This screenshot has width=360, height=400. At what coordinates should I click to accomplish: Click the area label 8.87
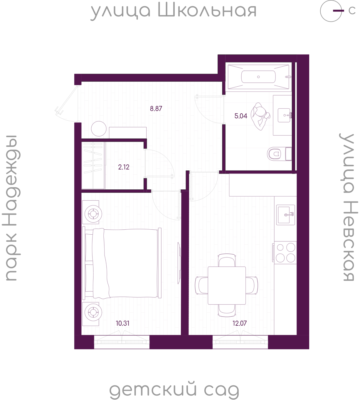pos(156,109)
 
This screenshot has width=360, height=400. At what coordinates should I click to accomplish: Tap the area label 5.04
pos(241,116)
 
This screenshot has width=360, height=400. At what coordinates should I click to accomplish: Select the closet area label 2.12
pos(124,167)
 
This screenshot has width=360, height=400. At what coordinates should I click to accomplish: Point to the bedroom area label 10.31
pos(123,323)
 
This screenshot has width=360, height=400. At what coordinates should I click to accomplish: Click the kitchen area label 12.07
pos(240,323)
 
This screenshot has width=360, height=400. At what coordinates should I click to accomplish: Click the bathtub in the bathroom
pos(258,77)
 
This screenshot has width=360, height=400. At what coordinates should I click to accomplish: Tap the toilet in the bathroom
pos(279,154)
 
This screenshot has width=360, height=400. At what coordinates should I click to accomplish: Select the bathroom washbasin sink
pos(285,115)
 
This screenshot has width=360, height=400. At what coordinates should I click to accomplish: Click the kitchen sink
pos(285,215)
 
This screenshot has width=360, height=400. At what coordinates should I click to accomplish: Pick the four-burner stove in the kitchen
pos(285,253)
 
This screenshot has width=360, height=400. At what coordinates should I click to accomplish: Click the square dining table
pos(227,285)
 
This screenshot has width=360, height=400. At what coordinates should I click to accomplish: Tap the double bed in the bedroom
pos(122,263)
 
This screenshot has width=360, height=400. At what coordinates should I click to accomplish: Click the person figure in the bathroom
pos(260,117)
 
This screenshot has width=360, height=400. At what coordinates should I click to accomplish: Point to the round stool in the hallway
pos(99,129)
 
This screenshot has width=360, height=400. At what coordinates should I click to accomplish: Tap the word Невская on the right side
pos(349,241)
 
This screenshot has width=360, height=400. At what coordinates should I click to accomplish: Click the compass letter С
pos(352,11)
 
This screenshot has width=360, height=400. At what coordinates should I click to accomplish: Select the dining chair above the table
pos(227,260)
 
